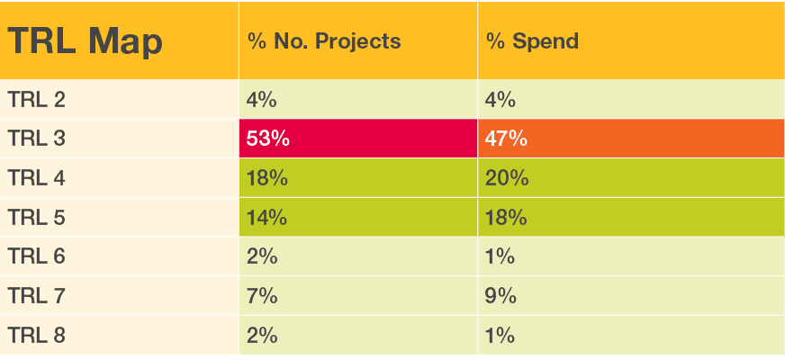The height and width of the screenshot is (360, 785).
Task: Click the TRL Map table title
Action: (x=86, y=42)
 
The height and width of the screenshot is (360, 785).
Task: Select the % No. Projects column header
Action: (x=324, y=42)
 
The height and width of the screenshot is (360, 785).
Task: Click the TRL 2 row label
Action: (x=36, y=100)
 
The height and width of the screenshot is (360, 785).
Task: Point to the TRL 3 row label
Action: (x=36, y=139)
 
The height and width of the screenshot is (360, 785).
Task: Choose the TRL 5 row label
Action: (x=36, y=217)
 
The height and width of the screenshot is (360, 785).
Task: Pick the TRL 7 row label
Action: (x=36, y=295)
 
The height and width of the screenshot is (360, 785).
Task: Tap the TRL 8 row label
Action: (x=36, y=335)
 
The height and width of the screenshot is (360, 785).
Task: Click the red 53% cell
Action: (x=267, y=139)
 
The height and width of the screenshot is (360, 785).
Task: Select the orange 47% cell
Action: (x=507, y=139)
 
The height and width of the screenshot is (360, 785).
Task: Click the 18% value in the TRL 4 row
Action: (x=267, y=178)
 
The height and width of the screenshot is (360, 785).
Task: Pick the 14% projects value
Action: (x=267, y=217)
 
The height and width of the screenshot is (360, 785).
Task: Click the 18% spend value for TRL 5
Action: (x=507, y=217)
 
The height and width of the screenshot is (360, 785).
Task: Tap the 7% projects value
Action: (x=262, y=295)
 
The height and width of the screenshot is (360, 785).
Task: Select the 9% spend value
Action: (x=501, y=295)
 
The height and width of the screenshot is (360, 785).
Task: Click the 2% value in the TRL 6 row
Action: (x=262, y=256)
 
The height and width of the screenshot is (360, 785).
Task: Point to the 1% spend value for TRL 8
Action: (x=501, y=335)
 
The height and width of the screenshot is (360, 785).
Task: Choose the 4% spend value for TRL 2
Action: (x=501, y=100)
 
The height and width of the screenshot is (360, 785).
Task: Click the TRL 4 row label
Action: (x=36, y=178)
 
